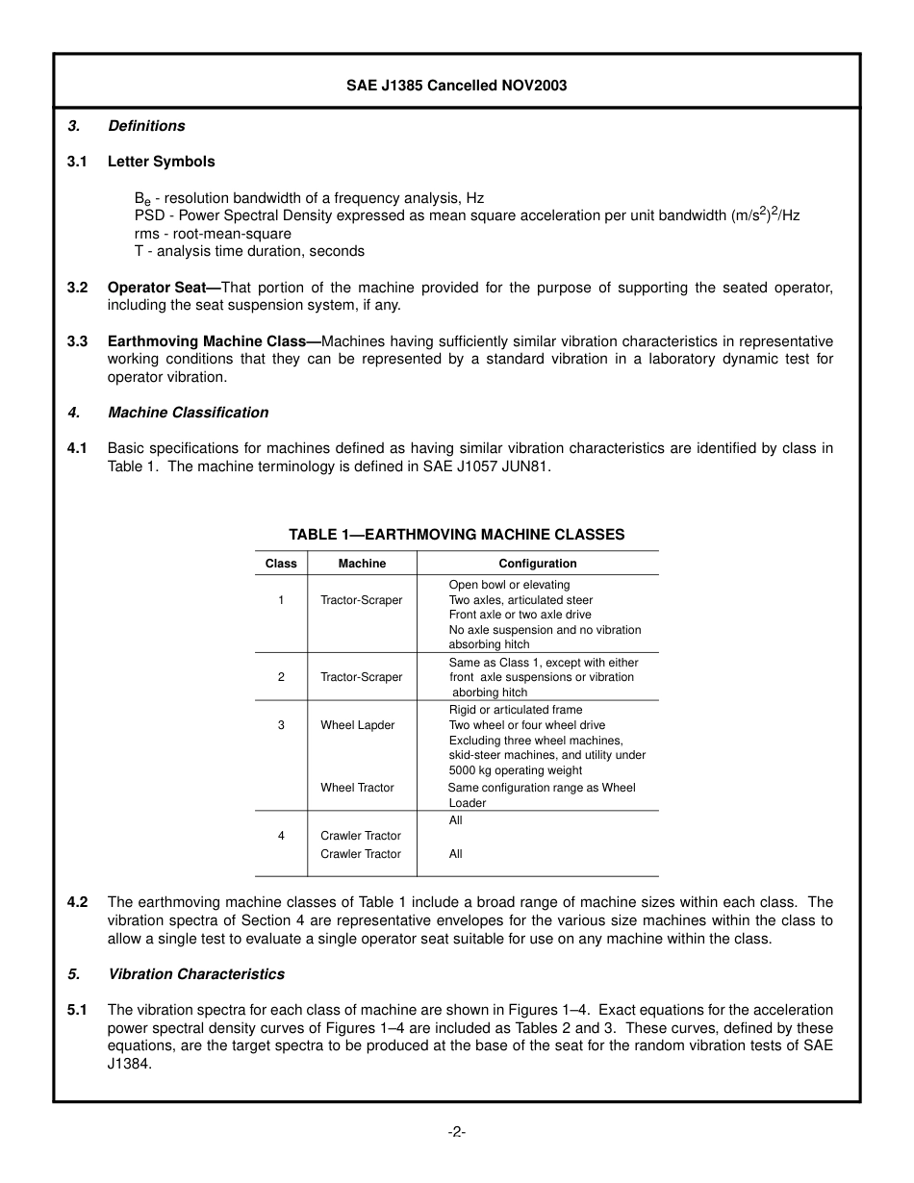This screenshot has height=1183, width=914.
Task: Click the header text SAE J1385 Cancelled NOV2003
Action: point(456,86)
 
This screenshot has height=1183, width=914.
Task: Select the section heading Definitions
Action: point(146,126)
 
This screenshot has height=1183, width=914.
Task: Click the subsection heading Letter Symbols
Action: point(161,162)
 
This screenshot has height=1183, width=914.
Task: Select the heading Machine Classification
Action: point(188,413)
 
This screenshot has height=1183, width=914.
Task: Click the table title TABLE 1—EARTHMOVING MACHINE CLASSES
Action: point(456,535)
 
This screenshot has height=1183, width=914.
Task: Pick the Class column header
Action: point(281,564)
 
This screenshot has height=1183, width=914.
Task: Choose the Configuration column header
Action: point(537,564)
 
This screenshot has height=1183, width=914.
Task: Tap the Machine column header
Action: point(362,564)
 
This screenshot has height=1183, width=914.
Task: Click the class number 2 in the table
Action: point(281,677)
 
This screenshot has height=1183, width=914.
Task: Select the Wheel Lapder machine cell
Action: point(357,725)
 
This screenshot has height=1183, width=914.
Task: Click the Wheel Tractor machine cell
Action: point(357,788)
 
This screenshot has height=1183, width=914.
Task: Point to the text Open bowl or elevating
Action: point(509,585)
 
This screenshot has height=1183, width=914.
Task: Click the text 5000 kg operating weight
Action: point(515,770)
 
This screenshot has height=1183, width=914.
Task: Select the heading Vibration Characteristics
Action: point(196,974)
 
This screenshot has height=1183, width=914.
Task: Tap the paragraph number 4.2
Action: point(78,902)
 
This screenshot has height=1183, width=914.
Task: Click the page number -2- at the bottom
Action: point(456,1132)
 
